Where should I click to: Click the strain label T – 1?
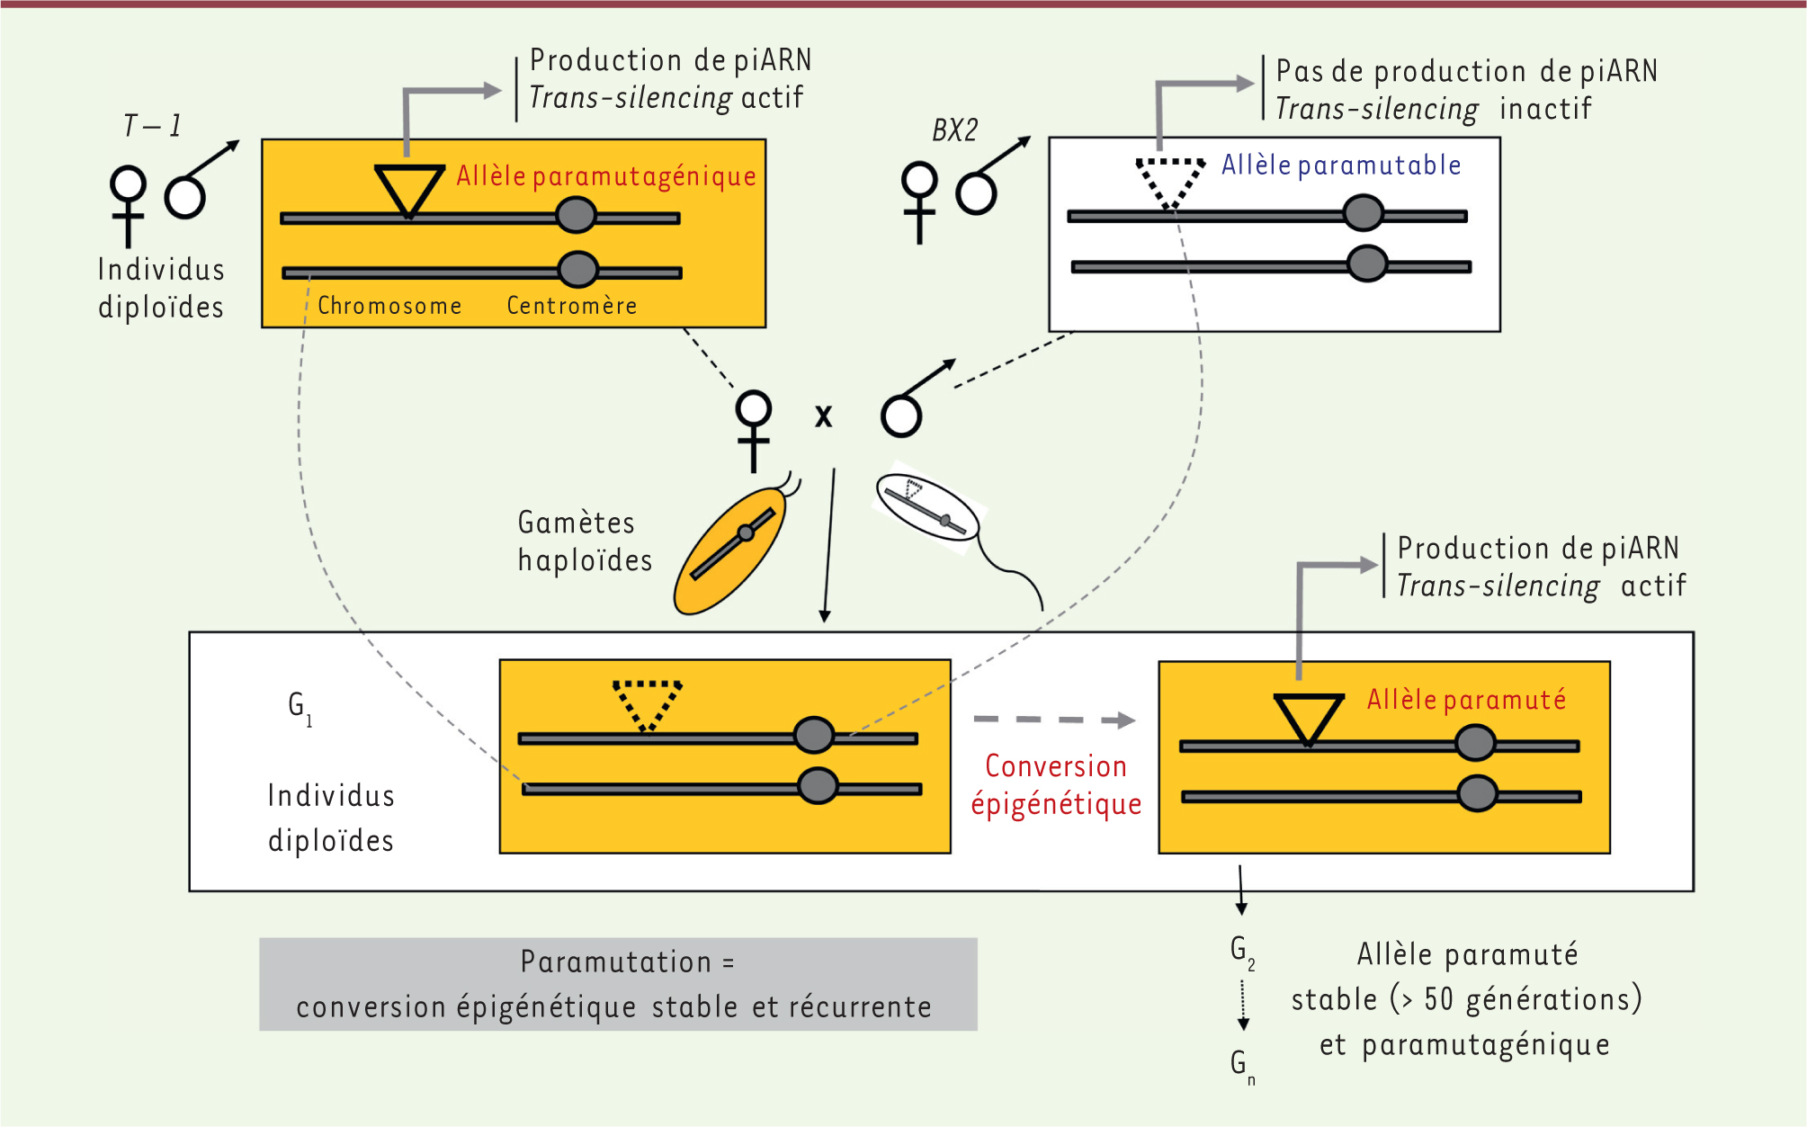coord(152,126)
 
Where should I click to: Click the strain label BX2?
coord(954,131)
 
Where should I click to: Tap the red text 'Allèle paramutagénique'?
coord(605,176)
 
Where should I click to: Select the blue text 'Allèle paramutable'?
coord(1340,165)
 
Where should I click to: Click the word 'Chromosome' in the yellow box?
coord(389,306)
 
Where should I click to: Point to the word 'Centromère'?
coord(572,306)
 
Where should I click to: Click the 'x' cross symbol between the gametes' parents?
coord(823,416)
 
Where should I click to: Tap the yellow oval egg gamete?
coord(730,550)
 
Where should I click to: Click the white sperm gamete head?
coord(926,508)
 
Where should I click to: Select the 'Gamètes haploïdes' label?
coord(584,541)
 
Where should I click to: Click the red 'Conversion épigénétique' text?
coord(1056,784)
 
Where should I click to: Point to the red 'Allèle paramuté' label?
coord(1466,700)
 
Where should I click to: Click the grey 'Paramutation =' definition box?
coord(618,984)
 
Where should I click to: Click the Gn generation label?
coord(1242,1065)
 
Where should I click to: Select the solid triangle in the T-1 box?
coord(409,186)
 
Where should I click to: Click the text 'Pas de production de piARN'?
coord(1466,72)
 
